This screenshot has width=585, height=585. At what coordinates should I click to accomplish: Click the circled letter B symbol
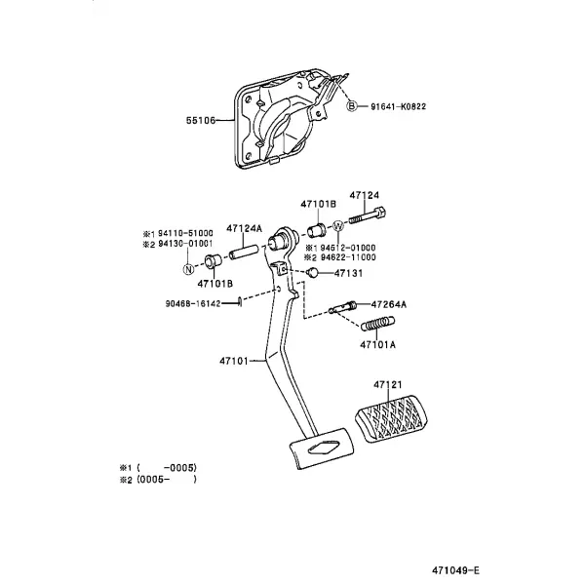(x=352, y=106)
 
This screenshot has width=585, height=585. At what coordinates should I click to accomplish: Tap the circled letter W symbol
(x=338, y=226)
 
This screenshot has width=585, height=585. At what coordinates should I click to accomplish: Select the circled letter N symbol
(x=189, y=269)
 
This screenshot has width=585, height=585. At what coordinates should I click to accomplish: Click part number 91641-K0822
(x=398, y=106)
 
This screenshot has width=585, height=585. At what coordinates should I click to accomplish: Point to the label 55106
(x=201, y=121)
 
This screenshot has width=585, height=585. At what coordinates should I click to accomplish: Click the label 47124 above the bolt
(x=364, y=195)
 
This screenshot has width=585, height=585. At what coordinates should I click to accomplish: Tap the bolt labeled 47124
(x=368, y=215)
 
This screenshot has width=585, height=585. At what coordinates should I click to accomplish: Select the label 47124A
(x=245, y=228)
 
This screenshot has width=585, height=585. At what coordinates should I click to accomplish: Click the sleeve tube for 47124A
(x=244, y=252)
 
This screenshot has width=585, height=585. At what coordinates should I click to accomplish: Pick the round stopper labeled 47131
(x=312, y=273)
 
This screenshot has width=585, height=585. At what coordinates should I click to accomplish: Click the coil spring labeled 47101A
(x=378, y=324)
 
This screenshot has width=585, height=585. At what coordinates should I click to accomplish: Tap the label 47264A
(x=389, y=305)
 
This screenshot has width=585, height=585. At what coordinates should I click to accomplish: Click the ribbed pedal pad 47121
(x=390, y=418)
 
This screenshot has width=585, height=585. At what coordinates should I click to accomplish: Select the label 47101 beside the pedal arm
(x=234, y=361)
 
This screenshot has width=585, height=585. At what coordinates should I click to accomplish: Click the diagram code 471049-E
(x=456, y=570)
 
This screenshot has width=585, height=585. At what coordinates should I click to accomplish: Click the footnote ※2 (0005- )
(x=158, y=480)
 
